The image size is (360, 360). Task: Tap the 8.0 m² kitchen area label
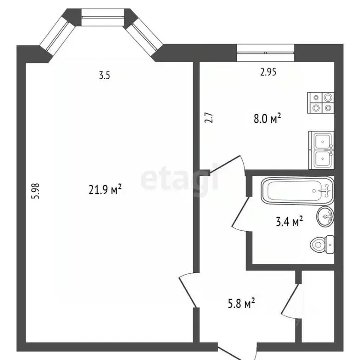tap(267, 119)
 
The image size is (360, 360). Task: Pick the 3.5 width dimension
tap(104, 76)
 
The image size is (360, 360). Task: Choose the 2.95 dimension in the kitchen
tap(269, 72)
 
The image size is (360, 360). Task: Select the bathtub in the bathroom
tap(296, 189)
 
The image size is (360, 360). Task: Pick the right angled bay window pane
tap(143, 34)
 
